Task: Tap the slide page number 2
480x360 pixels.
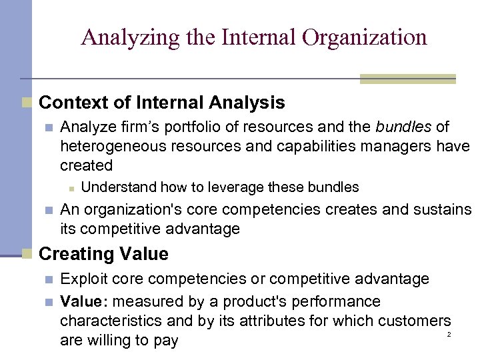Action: point(449,333)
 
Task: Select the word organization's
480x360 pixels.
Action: point(131,210)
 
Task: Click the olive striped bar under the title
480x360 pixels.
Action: point(407,79)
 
